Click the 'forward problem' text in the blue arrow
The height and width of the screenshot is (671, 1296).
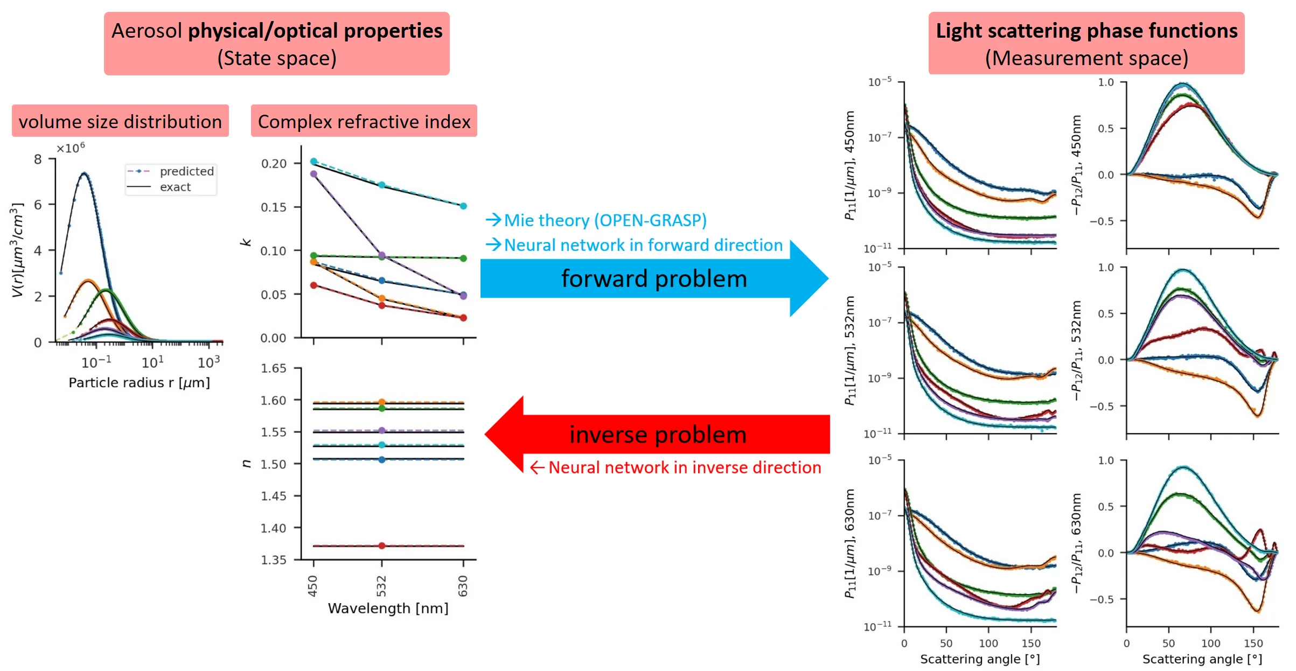click(x=654, y=279)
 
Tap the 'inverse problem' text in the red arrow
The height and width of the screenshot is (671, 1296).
click(x=658, y=435)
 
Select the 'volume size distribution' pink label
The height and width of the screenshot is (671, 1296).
click(x=120, y=122)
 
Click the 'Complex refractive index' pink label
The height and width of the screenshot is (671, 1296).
click(x=364, y=122)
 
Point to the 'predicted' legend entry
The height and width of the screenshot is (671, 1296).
click(x=186, y=171)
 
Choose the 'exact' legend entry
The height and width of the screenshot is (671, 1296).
click(x=175, y=187)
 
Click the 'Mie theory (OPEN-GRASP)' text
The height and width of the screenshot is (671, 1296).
click(x=605, y=220)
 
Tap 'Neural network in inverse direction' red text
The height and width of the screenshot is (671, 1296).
click(x=684, y=467)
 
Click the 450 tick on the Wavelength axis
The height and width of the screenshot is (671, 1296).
click(x=313, y=586)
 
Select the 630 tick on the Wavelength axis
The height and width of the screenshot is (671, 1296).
click(x=463, y=586)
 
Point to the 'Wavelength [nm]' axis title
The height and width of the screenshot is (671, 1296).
click(x=388, y=609)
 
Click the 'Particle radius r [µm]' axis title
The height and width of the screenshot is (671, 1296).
click(x=139, y=383)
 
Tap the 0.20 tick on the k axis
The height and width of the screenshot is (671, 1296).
click(x=274, y=163)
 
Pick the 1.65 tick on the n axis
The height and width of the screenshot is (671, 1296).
click(x=274, y=368)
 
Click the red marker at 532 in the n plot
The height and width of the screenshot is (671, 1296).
click(x=382, y=546)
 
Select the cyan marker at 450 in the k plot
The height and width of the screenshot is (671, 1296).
click(x=313, y=161)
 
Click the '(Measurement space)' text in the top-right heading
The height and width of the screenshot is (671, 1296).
click(x=1086, y=58)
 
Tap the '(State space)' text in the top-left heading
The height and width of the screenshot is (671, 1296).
click(x=277, y=58)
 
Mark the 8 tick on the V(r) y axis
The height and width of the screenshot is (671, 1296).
click(x=38, y=159)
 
